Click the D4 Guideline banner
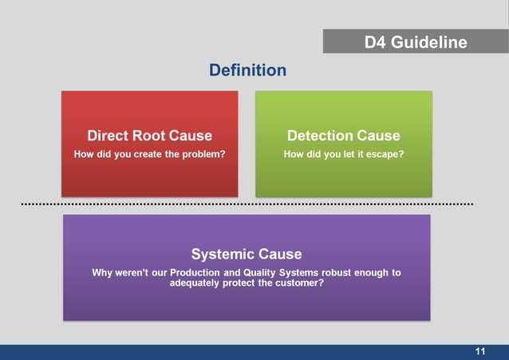coord(415,42)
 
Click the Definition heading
coord(247,70)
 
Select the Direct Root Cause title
coord(149,135)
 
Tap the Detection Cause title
coord(343,135)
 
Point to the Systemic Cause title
coord(247,254)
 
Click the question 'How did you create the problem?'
coord(149,154)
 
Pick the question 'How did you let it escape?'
coord(343,154)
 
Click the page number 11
coord(480,351)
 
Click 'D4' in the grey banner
coord(376,42)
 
